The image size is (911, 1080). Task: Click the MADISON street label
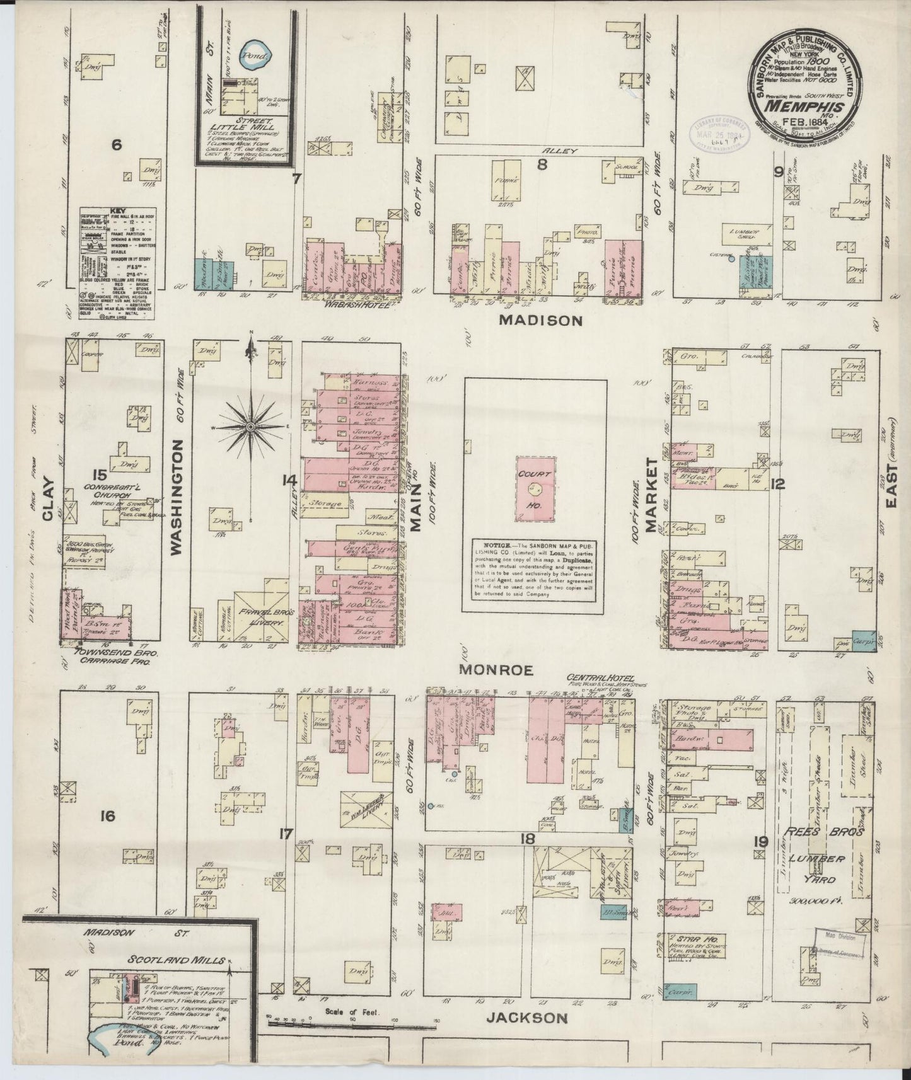(540, 320)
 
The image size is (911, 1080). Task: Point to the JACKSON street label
(528, 1018)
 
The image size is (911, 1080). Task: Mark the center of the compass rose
(251, 427)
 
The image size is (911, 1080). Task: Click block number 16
(107, 817)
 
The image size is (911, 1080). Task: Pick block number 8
(540, 167)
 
